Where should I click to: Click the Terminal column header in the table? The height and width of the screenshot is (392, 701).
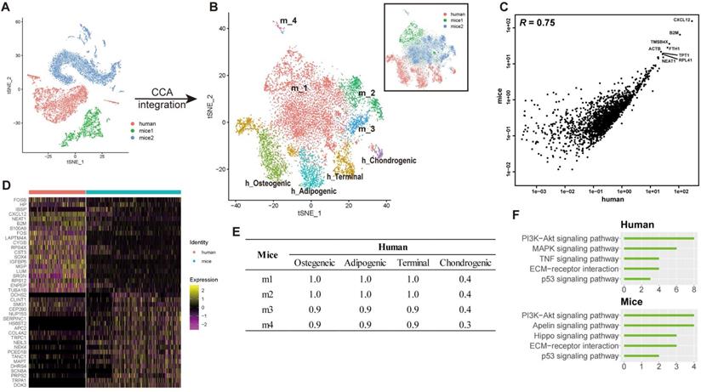point(410,264)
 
